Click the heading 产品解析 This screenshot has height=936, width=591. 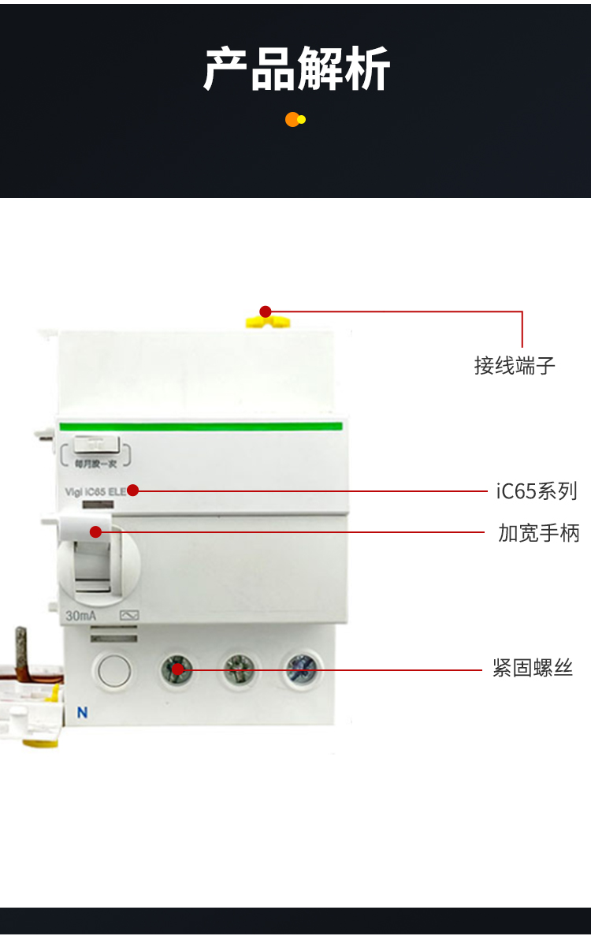click(296, 69)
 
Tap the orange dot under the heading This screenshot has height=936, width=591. click(292, 120)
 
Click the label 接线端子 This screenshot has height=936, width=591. click(515, 365)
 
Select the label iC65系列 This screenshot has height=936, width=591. click(537, 491)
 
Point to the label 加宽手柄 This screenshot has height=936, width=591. click(539, 533)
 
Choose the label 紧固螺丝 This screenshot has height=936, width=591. click(533, 669)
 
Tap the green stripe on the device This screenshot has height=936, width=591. click(201, 427)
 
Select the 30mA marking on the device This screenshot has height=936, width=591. click(81, 616)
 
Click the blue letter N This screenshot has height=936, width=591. click(81, 713)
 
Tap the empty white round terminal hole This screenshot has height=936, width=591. click(114, 671)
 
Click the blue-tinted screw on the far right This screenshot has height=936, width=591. click(303, 670)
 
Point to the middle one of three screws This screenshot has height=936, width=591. click(240, 670)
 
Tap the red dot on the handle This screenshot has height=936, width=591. click(95, 532)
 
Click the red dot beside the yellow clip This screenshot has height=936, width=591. click(266, 311)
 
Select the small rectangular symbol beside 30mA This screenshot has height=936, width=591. click(128, 616)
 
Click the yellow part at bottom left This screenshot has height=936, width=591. click(39, 741)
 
